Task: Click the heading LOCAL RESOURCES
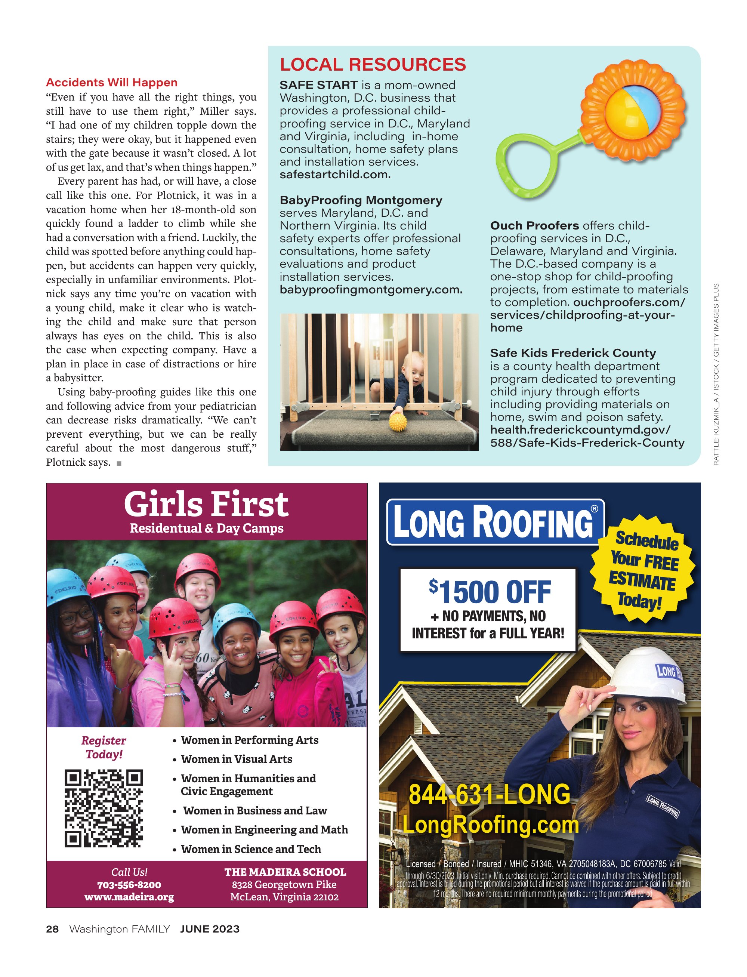(373, 65)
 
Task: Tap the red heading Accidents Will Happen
(112, 83)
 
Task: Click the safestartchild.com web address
(335, 175)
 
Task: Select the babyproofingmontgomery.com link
(371, 290)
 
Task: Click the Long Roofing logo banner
(495, 522)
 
